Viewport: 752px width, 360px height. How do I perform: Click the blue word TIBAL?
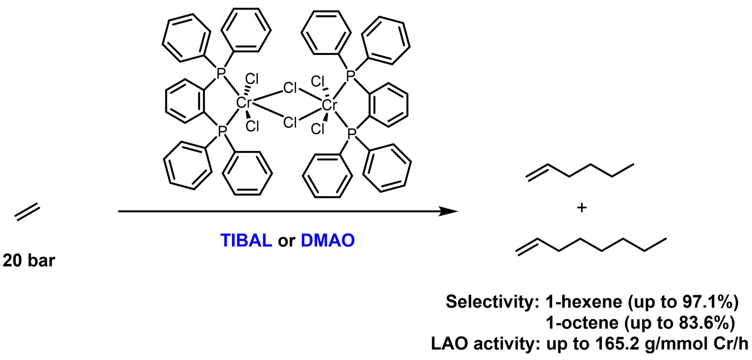[x=246, y=240]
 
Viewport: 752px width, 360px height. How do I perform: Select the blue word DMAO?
[x=328, y=240]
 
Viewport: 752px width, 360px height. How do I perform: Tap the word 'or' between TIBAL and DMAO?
[x=286, y=242]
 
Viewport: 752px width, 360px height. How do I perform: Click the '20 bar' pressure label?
[x=29, y=260]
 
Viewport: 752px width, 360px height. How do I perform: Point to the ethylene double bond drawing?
[x=27, y=212]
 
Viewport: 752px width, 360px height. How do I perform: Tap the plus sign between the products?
[x=582, y=208]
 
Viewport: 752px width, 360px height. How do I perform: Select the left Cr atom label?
[x=244, y=103]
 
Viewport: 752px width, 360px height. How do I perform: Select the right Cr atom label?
[x=329, y=105]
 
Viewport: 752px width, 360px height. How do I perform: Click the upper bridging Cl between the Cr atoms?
[x=290, y=88]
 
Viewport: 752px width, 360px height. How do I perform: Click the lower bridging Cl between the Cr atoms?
[x=290, y=123]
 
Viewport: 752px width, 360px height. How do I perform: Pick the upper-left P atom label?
[x=221, y=73]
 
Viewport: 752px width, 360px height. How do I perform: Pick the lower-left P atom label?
[x=221, y=131]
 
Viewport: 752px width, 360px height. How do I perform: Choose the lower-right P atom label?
[x=351, y=134]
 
